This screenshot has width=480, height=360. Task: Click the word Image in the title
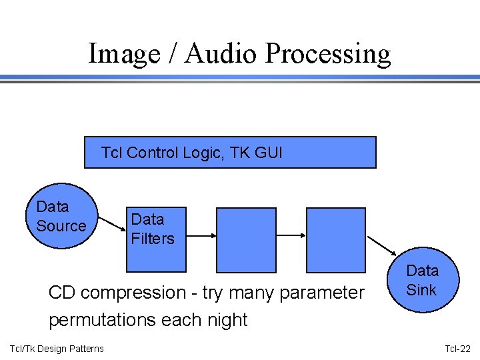[x=124, y=53]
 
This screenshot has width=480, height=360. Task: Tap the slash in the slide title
[x=172, y=53]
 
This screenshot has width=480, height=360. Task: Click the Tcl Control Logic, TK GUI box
[x=230, y=153]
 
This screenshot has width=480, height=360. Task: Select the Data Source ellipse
[x=61, y=216]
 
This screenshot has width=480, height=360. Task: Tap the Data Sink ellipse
[x=422, y=280]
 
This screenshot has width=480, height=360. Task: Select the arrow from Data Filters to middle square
[x=201, y=235]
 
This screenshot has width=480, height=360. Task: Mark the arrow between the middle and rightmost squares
[x=291, y=235]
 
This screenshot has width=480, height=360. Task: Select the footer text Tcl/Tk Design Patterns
[x=57, y=349]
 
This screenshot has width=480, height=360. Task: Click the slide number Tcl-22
[x=457, y=349]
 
